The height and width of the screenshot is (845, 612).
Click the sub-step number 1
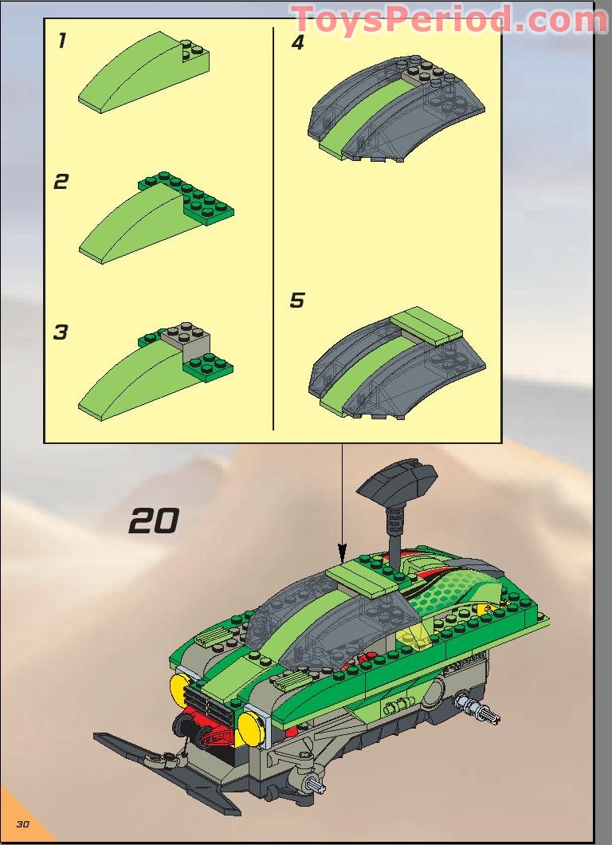coord(61,41)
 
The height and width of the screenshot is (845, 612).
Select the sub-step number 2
coord(61,182)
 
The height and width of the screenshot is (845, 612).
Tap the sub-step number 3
coord(61,332)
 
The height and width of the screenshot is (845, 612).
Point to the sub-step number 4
coord(297,42)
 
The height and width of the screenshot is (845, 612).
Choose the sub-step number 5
coord(297,301)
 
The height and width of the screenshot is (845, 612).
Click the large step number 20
coord(153,521)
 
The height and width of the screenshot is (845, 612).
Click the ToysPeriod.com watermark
coord(448,19)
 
